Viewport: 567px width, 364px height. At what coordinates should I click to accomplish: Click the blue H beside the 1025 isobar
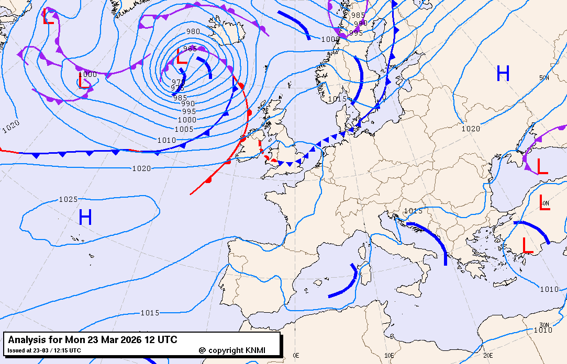(x=85, y=217)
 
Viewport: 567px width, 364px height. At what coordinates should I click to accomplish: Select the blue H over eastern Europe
(x=503, y=74)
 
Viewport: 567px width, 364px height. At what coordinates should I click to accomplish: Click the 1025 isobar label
(x=68, y=199)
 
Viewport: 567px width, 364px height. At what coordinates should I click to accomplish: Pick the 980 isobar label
(x=193, y=31)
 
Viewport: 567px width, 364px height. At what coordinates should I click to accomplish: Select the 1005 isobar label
(x=184, y=129)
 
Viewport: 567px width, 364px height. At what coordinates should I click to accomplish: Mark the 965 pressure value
(x=190, y=49)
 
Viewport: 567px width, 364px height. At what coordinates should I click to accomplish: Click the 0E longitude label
(x=296, y=356)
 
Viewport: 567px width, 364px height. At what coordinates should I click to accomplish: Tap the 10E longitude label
(x=389, y=356)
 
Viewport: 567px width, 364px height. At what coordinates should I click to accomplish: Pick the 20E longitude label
(x=488, y=356)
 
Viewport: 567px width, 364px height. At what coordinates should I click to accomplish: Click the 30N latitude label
(x=544, y=325)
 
